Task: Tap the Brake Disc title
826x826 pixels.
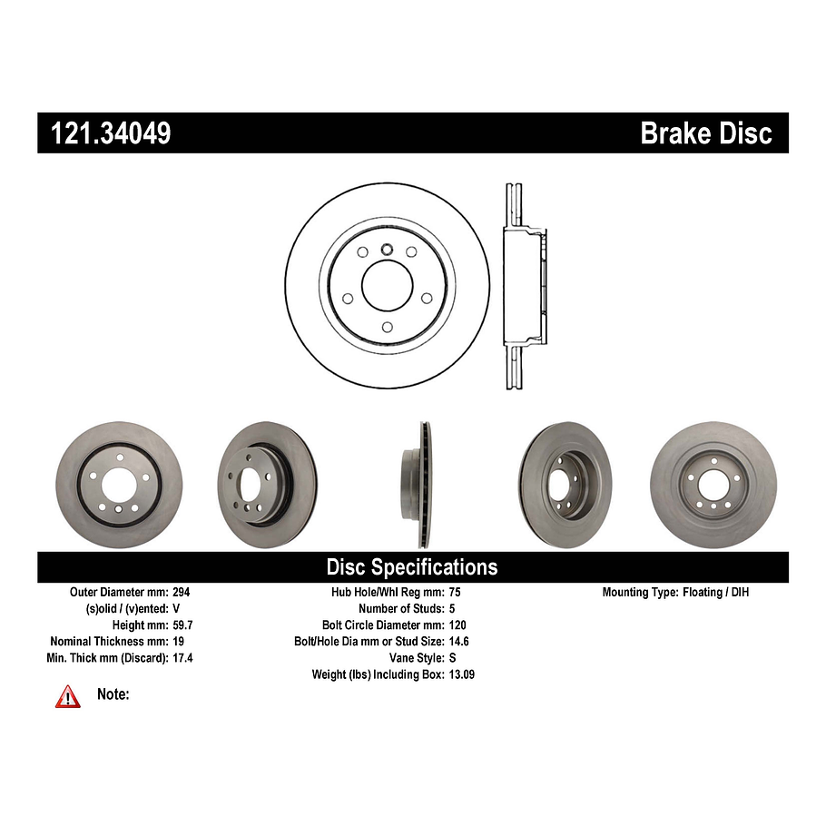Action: [705, 133]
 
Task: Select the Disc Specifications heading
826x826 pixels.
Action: [412, 567]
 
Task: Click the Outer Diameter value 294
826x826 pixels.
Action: [182, 592]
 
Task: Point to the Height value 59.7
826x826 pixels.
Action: [184, 624]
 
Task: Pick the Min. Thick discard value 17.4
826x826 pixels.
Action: [184, 657]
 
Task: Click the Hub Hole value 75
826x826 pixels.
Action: [456, 592]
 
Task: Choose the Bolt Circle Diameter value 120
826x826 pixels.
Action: [459, 624]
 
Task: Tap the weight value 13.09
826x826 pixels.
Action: [463, 674]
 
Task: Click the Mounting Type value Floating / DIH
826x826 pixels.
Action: [716, 592]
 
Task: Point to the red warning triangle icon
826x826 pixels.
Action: [68, 696]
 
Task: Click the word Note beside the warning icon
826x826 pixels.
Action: [113, 694]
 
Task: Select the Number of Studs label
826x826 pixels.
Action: [400, 608]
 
